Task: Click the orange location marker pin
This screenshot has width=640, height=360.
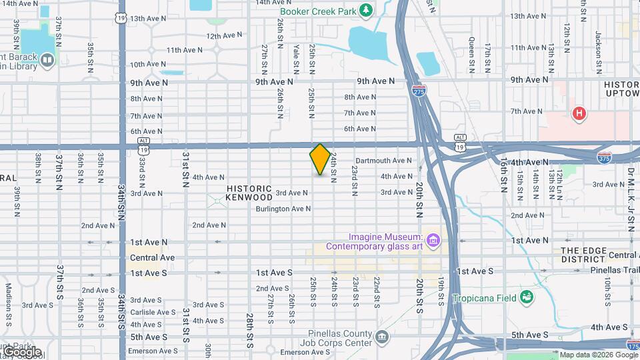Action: [x=320, y=159]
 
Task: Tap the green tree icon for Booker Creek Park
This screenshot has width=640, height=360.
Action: [x=365, y=9]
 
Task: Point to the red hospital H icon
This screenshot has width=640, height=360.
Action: [x=579, y=113]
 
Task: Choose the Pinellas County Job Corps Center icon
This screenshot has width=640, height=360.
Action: [x=381, y=337]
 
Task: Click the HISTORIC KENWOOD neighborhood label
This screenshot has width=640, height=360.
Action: [x=249, y=193]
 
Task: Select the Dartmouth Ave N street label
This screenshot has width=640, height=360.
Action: [x=383, y=161]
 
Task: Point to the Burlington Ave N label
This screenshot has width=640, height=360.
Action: [x=283, y=209]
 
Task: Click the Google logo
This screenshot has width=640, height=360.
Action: [x=22, y=351]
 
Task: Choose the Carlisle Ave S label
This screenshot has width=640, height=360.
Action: [x=153, y=312]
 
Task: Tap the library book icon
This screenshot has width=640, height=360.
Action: [x=47, y=61]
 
